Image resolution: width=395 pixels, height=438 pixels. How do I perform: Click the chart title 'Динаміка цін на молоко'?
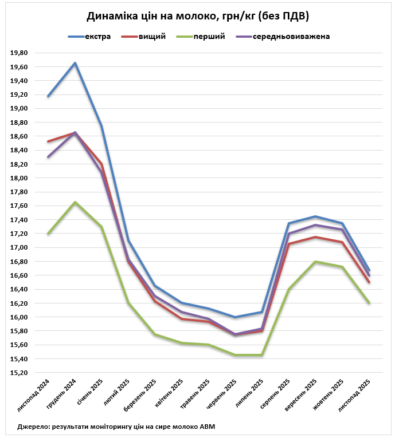(x=197, y=17)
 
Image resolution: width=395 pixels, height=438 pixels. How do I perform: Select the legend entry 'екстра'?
(x=97, y=36)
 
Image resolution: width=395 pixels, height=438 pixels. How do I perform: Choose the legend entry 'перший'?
(x=209, y=36)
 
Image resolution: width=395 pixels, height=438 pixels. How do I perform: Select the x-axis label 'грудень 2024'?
(x=63, y=395)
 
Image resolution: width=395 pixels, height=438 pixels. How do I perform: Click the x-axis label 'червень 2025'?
(x=223, y=395)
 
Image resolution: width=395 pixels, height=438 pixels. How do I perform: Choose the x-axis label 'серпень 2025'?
(x=276, y=394)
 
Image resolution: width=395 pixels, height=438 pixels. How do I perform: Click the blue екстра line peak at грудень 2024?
(x=75, y=63)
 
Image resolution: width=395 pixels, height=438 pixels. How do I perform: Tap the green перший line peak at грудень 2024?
(x=75, y=202)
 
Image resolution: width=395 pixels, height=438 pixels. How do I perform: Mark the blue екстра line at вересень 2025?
(x=315, y=216)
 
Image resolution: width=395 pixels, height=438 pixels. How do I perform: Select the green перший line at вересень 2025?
(x=315, y=262)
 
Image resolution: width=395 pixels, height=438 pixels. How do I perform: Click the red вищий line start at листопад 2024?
(x=48, y=141)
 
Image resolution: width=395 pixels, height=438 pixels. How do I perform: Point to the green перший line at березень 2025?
(x=155, y=334)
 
